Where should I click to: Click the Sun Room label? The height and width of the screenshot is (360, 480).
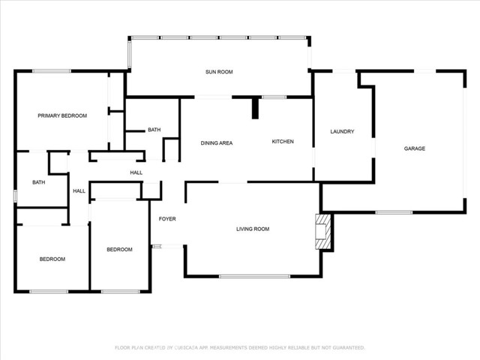219,72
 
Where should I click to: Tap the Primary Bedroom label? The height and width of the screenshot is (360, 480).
62,115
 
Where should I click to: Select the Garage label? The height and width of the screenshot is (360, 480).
415,148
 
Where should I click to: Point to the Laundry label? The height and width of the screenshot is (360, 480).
342,132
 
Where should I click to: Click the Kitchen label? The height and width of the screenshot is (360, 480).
282,142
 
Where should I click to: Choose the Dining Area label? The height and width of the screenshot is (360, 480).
216,142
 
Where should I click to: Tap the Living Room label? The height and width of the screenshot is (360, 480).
253,229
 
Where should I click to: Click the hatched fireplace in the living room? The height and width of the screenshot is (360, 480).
323,232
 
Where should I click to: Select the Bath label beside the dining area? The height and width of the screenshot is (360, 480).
154,130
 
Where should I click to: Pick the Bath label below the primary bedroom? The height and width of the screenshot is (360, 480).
38,182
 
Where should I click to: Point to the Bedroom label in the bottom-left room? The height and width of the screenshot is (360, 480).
52,259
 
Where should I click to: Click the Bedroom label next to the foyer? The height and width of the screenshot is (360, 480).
119,249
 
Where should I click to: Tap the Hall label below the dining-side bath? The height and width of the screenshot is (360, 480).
136,173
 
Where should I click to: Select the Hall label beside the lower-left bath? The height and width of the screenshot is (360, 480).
79,191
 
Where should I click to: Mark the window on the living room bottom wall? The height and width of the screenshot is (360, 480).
254,277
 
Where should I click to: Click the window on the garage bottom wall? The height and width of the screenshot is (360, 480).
394,212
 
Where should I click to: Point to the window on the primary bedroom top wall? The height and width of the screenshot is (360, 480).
51,71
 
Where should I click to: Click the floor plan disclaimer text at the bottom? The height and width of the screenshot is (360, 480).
239,347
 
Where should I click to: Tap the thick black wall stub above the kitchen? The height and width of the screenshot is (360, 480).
255,107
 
